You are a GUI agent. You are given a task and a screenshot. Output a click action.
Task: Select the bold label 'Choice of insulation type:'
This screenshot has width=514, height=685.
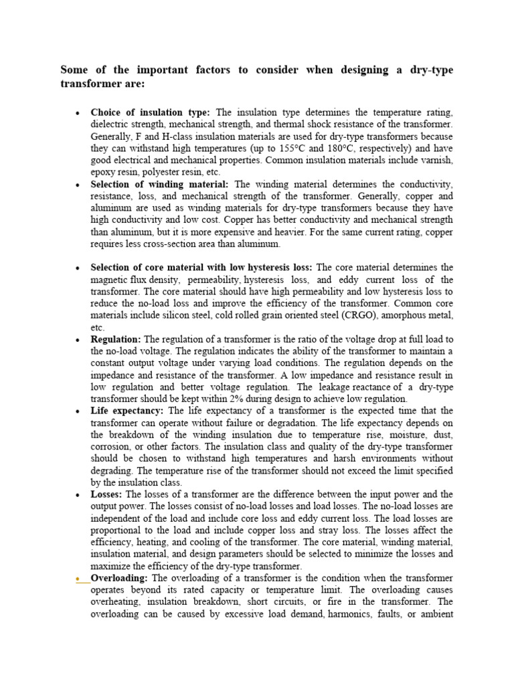pyautogui.click(x=151, y=112)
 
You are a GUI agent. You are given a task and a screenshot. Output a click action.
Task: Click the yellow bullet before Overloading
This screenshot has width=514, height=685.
pyautogui.click(x=78, y=579)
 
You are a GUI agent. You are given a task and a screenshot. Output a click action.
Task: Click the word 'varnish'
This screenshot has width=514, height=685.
pyautogui.click(x=436, y=161)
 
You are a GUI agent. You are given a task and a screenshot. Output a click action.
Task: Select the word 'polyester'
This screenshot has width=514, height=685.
pyautogui.click(x=155, y=173)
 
